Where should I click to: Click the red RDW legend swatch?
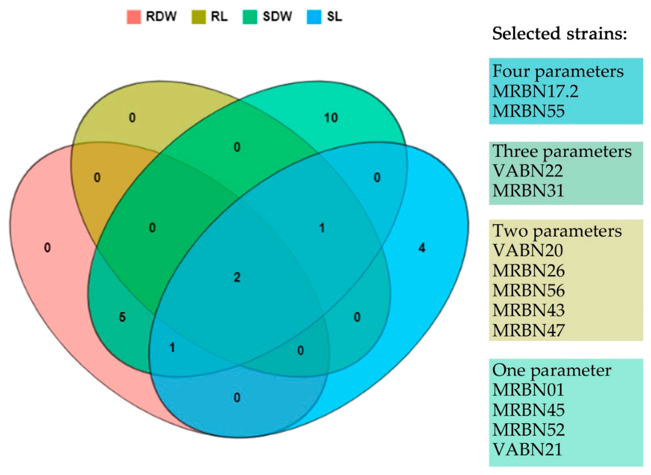134,17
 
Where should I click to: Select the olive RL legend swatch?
199,17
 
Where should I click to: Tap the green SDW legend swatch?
250,17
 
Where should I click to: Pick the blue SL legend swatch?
314,17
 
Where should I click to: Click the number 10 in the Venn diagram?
331,118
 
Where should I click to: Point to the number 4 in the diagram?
422,248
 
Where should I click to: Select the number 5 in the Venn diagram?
122,317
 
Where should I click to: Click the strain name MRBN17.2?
535,91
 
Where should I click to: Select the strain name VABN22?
527,171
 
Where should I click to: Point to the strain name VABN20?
527,251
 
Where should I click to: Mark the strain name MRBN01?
528,390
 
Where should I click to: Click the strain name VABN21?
527,449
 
